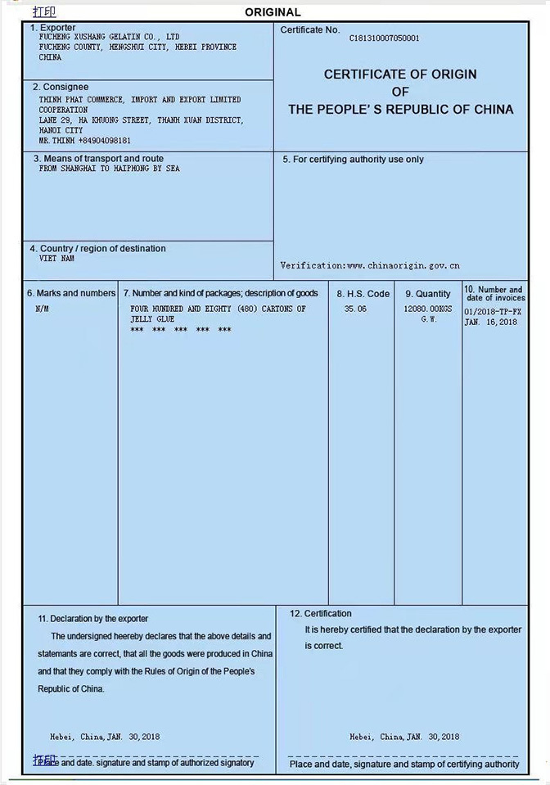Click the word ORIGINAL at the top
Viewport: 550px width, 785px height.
click(x=273, y=12)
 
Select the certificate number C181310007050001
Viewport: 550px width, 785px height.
click(x=384, y=38)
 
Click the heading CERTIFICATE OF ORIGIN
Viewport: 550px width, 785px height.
click(x=400, y=74)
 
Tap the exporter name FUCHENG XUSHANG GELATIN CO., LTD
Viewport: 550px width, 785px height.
click(x=109, y=37)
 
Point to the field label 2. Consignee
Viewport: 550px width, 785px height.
click(x=61, y=87)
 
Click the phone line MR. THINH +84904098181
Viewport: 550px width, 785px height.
click(x=84, y=141)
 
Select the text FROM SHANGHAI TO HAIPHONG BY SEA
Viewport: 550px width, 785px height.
click(x=109, y=169)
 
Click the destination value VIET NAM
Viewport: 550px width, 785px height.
click(x=56, y=259)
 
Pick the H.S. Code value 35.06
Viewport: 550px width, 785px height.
click(x=355, y=309)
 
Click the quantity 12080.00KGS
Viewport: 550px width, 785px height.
click(x=427, y=309)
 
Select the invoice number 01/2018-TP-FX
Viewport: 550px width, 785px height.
click(x=493, y=312)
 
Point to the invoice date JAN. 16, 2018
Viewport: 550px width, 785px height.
click(x=490, y=323)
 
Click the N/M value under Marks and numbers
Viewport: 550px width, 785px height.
click(x=43, y=309)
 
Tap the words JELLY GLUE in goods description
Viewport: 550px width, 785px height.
click(x=152, y=319)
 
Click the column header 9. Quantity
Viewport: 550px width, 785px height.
click(x=427, y=294)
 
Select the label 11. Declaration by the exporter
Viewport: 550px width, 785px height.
click(x=93, y=619)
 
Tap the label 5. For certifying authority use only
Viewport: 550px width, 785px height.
click(x=353, y=160)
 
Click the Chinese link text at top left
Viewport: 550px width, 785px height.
click(x=44, y=11)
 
